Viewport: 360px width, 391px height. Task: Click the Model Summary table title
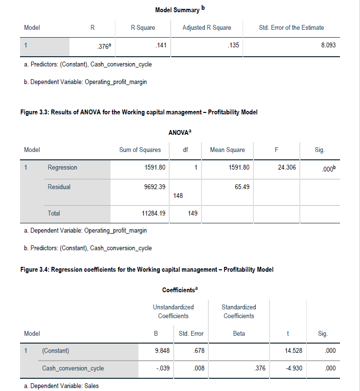[177, 10]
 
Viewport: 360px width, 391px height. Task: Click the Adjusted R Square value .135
[233, 45]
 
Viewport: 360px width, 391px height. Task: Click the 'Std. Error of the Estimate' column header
[291, 28]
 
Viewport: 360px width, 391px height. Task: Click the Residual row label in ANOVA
[59, 187]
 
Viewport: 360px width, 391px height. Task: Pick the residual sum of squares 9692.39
[155, 187]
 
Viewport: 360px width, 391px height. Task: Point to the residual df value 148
[178, 195]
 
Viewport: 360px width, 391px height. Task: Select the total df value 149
[192, 213]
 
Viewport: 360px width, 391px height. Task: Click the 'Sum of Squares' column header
[140, 150]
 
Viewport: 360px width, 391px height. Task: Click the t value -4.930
[288, 369]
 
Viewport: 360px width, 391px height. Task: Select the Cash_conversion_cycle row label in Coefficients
[73, 369]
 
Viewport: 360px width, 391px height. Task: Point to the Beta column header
[238, 333]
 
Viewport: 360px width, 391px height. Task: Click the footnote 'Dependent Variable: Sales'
[61, 386]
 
